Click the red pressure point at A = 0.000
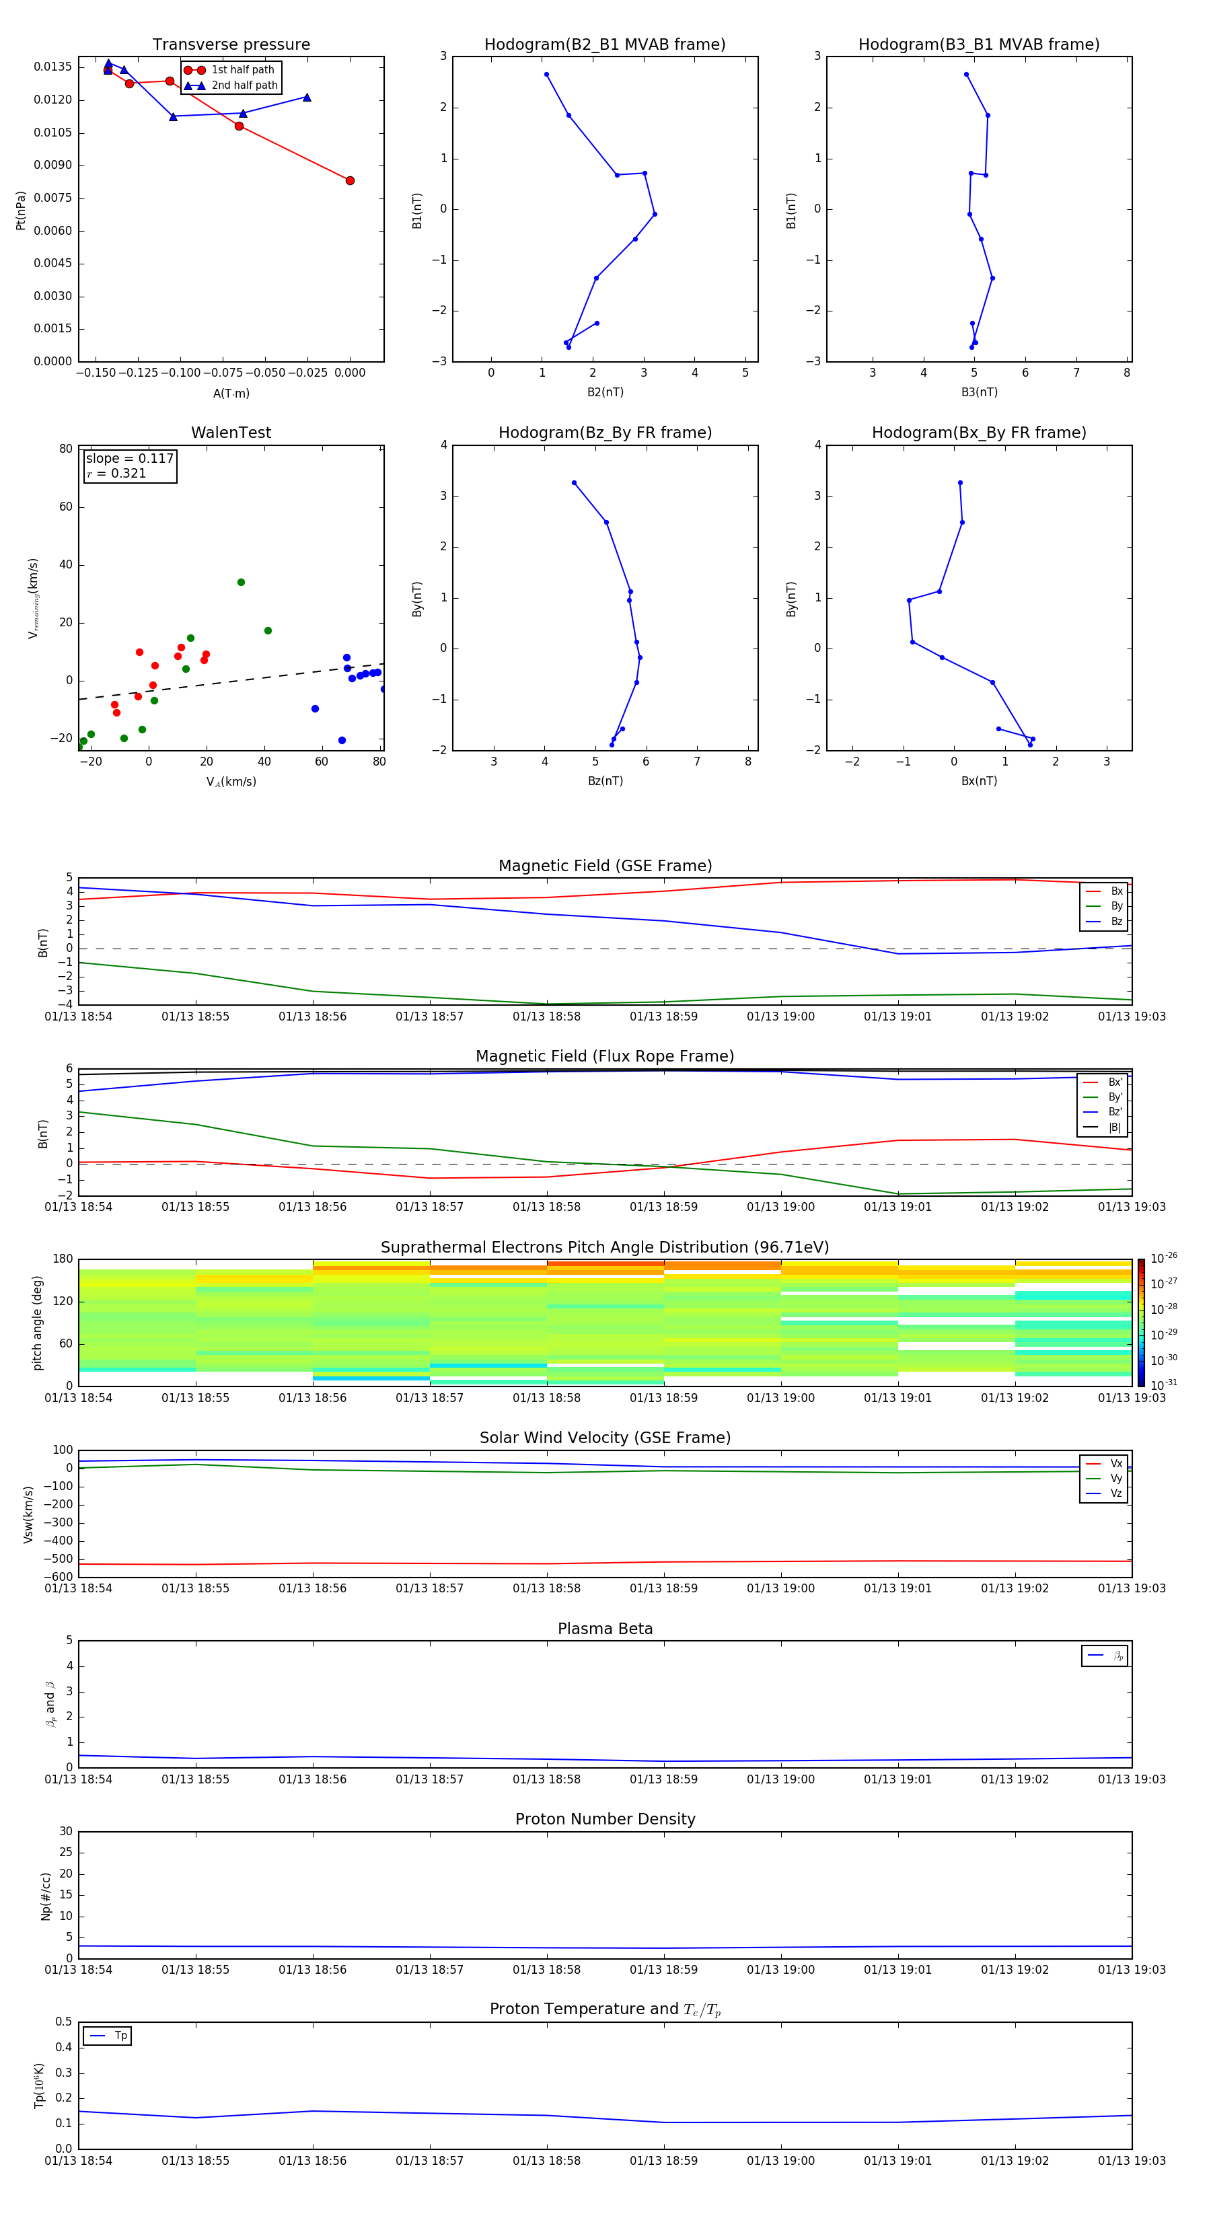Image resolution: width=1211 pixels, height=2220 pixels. [x=350, y=181]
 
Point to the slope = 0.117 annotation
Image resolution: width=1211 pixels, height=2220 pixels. [x=129, y=459]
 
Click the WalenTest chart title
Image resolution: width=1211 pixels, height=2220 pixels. [x=231, y=433]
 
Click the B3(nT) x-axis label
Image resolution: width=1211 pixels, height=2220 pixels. [x=979, y=392]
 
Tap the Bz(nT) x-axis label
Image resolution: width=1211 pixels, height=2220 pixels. [x=605, y=781]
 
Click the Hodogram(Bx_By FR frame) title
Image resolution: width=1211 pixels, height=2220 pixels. [x=979, y=433]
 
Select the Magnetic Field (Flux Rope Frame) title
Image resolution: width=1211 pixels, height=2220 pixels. [x=605, y=1057]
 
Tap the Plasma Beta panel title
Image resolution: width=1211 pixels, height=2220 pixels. [x=605, y=1629]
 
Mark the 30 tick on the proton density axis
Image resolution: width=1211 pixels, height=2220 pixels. [x=65, y=1831]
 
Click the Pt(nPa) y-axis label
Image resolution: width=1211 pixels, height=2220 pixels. [x=21, y=211]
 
